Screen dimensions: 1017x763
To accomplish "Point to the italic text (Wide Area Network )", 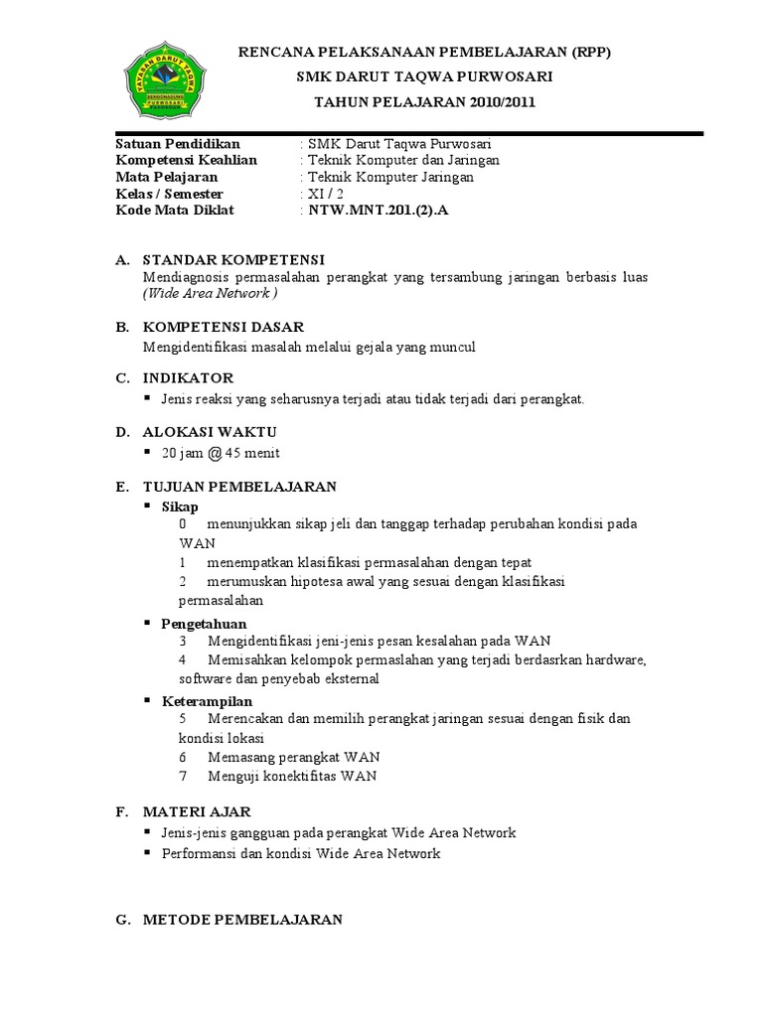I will tap(211, 294).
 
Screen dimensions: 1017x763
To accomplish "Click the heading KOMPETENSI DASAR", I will tap(224, 327).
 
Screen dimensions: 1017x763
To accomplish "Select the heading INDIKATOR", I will tap(189, 377).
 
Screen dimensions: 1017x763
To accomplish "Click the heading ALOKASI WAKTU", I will tap(210, 432).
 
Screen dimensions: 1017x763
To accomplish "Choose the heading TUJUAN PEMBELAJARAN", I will tap(239, 486).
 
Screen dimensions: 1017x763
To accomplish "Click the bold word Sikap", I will tap(180, 506).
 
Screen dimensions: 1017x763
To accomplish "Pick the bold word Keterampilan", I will tap(207, 700).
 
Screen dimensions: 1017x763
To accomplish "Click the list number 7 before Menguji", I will tap(184, 777).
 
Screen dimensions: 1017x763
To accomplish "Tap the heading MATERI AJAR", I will tap(197, 811).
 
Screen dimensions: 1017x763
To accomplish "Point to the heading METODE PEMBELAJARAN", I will tap(242, 920).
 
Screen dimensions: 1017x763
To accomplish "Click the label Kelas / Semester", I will tap(169, 194).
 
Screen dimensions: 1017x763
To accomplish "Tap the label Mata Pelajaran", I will tap(167, 177).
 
